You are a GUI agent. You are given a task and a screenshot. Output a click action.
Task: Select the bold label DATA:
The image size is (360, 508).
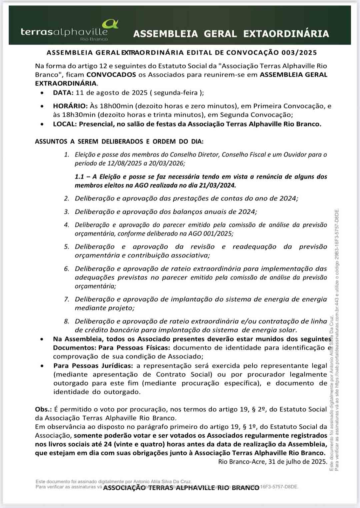tap(63, 93)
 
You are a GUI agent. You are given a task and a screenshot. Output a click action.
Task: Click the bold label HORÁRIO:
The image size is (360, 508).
tap(70, 106)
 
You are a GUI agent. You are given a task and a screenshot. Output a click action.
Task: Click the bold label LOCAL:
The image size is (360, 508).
tap(65, 124)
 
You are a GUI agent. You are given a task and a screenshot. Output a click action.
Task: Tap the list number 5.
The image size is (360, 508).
tap(66, 247)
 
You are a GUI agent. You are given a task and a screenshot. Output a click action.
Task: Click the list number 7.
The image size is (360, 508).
tap(66, 299)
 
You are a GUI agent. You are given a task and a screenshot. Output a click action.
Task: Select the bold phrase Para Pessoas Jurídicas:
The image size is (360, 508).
tap(93, 366)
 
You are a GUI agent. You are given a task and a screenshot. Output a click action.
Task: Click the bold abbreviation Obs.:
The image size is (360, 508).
tap(43, 409)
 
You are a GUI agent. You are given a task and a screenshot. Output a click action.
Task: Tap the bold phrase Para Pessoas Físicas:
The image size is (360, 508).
tap(134, 348)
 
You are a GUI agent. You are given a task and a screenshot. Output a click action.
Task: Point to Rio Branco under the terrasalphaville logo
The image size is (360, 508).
tap(94, 39)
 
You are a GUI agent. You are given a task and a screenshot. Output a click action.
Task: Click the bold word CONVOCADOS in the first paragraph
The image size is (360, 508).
tap(111, 75)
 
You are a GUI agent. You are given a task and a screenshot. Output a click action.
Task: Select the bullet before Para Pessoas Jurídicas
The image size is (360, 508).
tap(42, 366)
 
